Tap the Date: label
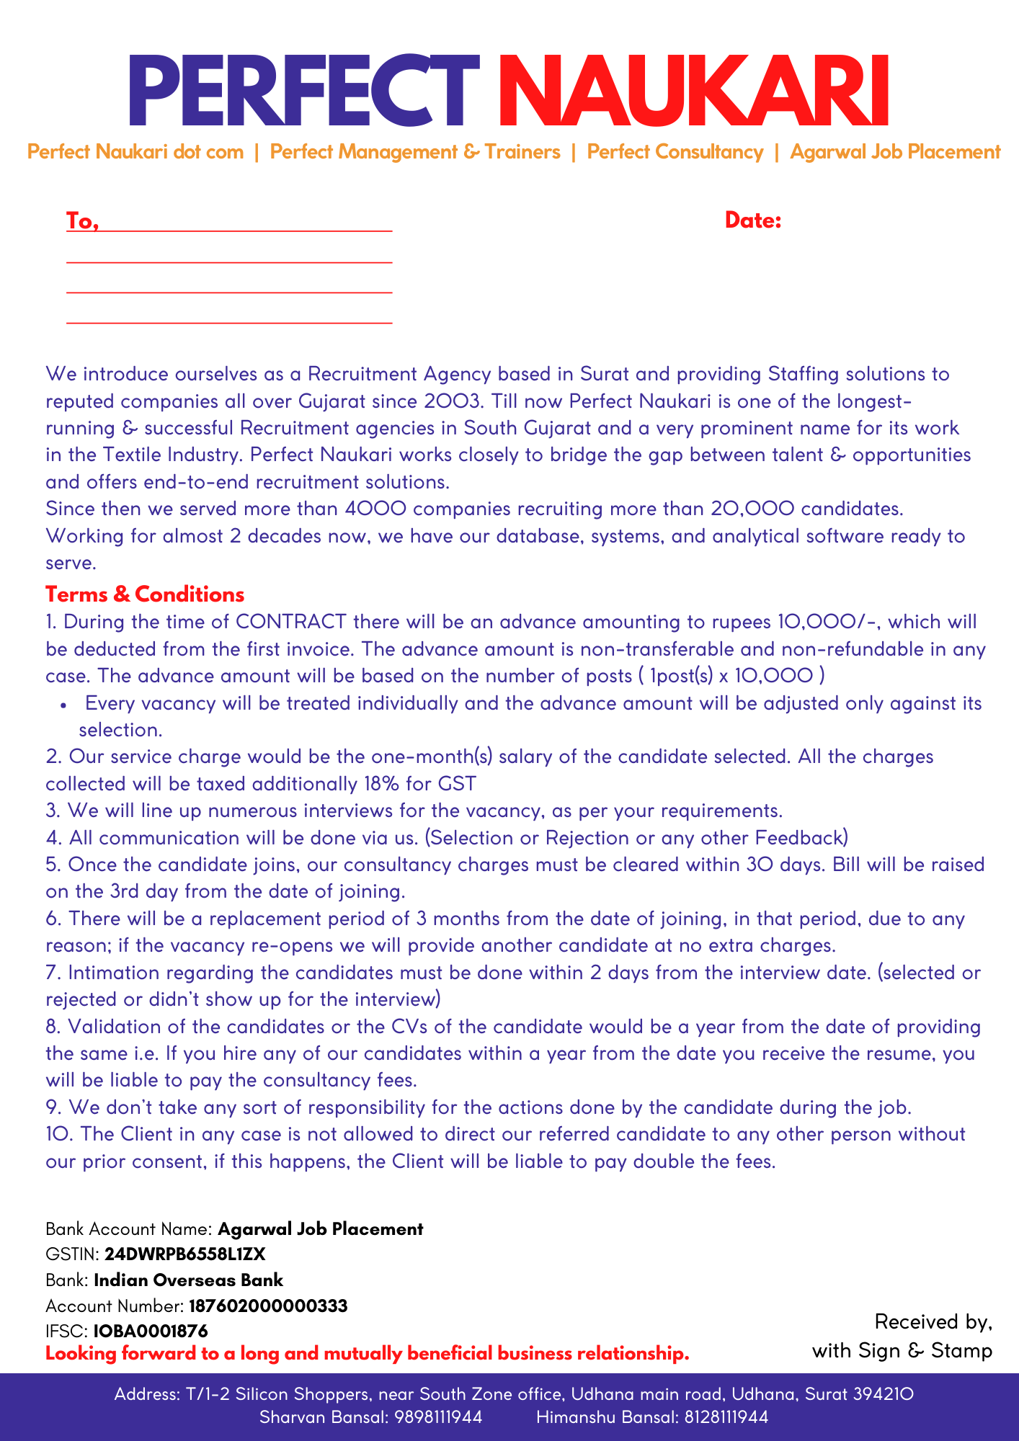point(753,220)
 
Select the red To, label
point(82,220)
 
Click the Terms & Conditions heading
point(145,594)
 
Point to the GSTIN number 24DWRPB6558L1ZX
point(185,1254)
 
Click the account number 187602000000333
point(268,1306)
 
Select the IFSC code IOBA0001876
point(151,1331)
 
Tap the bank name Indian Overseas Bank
point(189,1280)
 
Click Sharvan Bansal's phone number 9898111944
point(439,1417)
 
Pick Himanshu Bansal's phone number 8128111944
point(726,1417)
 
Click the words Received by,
point(933,1321)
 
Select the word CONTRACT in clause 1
point(291,622)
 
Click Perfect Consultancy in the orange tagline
point(675,152)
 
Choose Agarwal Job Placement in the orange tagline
point(895,152)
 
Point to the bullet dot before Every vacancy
point(65,705)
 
